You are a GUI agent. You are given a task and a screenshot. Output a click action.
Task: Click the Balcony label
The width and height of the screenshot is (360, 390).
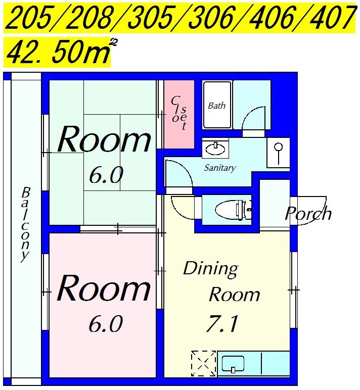tap(25, 224)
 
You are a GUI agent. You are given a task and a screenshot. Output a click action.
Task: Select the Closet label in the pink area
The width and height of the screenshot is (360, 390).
tap(179, 113)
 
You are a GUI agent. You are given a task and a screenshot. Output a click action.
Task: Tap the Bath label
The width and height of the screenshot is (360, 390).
tap(216, 106)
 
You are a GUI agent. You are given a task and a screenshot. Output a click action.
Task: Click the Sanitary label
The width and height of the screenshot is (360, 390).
tap(220, 168)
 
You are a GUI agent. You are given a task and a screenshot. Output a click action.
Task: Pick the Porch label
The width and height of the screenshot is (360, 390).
tap(308, 213)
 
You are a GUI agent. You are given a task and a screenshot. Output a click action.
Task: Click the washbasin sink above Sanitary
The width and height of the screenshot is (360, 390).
tap(215, 149)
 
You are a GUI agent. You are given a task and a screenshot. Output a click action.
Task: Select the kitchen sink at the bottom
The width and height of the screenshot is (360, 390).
tap(233, 364)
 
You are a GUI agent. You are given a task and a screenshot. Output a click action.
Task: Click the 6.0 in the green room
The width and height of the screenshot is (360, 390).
tap(106, 175)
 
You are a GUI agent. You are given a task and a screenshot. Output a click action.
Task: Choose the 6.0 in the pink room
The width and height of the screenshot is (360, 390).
tap(106, 323)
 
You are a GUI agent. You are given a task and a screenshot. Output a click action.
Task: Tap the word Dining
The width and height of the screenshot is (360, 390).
tap(211, 269)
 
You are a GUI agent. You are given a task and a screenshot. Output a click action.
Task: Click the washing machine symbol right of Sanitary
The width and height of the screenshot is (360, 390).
tap(278, 153)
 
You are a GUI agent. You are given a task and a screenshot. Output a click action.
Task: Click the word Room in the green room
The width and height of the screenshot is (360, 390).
tap(104, 139)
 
